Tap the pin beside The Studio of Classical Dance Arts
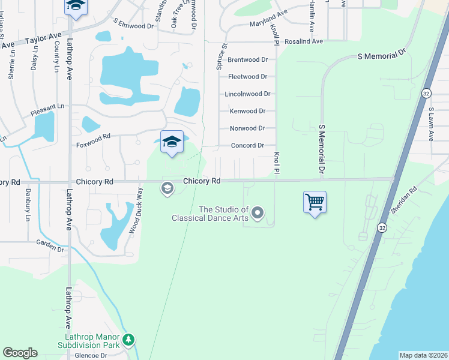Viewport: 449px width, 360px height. tap(258, 212)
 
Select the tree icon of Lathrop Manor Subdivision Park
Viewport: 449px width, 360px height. tap(128, 340)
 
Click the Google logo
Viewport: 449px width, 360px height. tap(20, 353)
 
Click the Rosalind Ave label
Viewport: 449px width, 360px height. tap(304, 41)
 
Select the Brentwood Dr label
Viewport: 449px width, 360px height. tap(247, 59)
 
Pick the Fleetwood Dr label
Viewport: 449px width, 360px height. tap(247, 77)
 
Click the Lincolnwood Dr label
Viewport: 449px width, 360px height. tap(247, 94)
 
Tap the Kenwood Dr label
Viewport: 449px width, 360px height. tap(247, 111)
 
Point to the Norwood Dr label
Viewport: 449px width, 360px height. tap(247, 128)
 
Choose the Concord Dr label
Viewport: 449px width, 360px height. tap(248, 145)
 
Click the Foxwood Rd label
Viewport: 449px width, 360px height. tap(94, 137)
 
